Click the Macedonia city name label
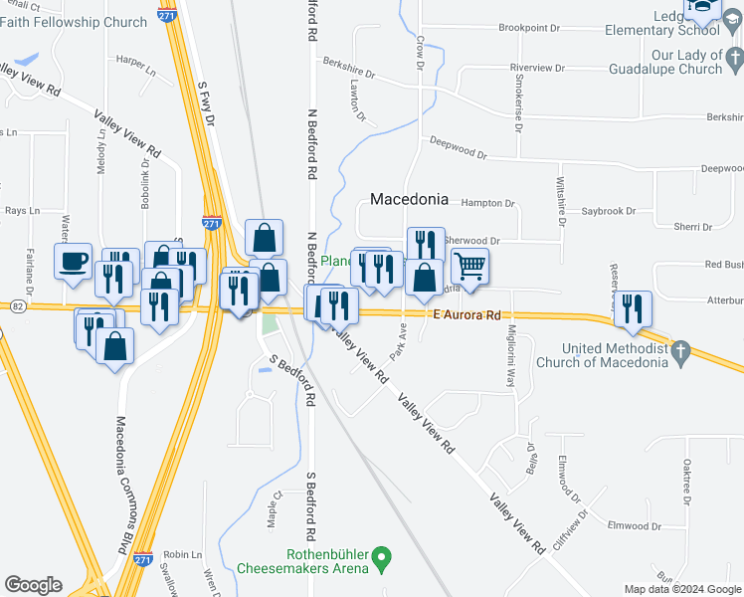tap(409, 199)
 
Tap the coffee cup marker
tap(73, 263)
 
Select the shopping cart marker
tap(469, 267)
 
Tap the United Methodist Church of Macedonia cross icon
tap(681, 350)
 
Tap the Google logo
tap(34, 585)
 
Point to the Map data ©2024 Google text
tap(681, 589)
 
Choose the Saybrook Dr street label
tap(608, 211)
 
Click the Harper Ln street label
tap(136, 72)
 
